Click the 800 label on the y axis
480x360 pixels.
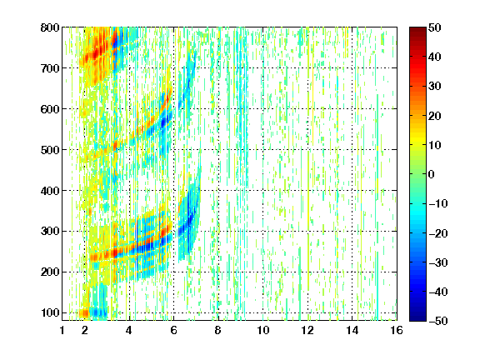[50, 27]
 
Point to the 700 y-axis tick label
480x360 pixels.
[50, 68]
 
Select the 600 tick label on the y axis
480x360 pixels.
[50, 109]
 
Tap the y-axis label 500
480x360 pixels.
[50, 150]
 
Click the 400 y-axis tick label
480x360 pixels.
[50, 191]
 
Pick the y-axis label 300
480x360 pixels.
[50, 231]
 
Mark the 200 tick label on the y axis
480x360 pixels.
[50, 272]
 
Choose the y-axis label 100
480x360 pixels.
[50, 312]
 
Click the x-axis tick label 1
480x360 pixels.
[62, 330]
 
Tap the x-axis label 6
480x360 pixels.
[173, 330]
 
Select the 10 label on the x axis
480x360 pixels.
[263, 330]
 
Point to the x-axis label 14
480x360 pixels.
[352, 330]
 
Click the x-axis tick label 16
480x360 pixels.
[397, 330]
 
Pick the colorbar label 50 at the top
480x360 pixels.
[435, 27]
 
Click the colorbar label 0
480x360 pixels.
[432, 174]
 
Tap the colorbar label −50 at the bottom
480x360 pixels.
[438, 321]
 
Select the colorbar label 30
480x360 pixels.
[435, 87]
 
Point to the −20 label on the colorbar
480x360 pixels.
[438, 233]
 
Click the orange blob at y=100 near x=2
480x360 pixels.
[84, 313]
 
